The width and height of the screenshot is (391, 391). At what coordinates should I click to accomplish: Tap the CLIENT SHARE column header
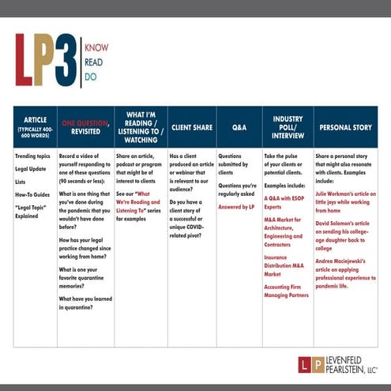pyautogui.click(x=191, y=126)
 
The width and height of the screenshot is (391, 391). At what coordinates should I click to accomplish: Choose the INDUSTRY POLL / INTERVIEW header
pyautogui.click(x=288, y=126)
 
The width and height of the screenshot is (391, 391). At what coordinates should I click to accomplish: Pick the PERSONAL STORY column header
pyautogui.click(x=346, y=126)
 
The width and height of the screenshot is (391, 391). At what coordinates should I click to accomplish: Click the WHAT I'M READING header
pyautogui.click(x=140, y=126)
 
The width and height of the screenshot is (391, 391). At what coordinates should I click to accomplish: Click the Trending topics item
pyautogui.click(x=33, y=156)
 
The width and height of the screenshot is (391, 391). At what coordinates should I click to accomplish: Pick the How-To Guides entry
pyautogui.click(x=33, y=193)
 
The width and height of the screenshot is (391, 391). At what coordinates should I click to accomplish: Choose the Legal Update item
pyautogui.click(x=32, y=169)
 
